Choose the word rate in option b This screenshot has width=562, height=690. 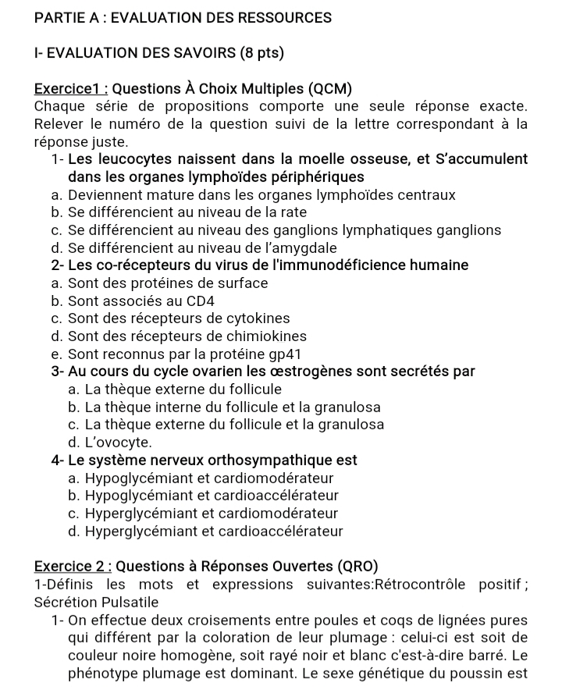pos(293,212)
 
